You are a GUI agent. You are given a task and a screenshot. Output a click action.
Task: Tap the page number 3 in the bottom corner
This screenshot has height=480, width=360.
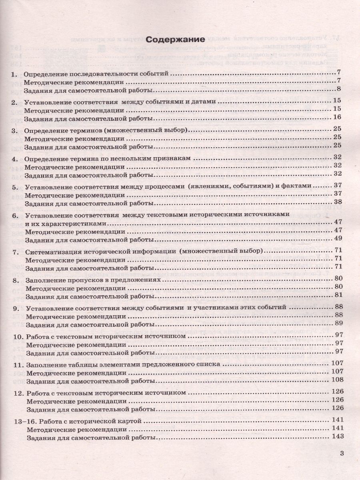pos(341,453)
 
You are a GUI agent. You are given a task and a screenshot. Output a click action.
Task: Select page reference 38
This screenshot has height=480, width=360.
pos(337,202)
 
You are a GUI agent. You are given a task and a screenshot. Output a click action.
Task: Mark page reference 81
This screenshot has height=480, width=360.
pos(337,295)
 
